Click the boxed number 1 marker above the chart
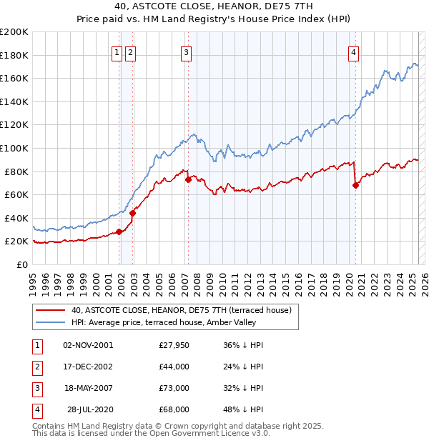(117, 51)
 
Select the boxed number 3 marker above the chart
(186, 51)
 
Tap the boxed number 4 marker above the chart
(354, 51)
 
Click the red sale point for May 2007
(188, 179)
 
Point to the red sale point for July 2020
(355, 185)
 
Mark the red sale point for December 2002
(132, 213)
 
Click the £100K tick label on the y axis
(14, 148)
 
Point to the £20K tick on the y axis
(16, 242)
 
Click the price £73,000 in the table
(174, 388)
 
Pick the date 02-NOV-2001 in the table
(88, 345)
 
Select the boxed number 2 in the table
(36, 367)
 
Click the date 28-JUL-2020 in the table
(90, 409)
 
